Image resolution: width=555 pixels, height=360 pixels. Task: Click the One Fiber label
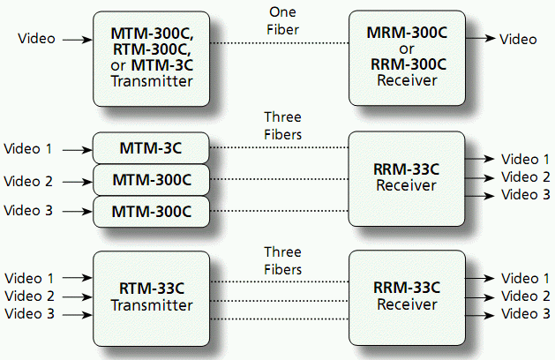[x=282, y=21]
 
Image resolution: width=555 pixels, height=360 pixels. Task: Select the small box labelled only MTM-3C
[x=151, y=148]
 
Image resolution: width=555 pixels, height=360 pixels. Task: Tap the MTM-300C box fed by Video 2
[x=151, y=180]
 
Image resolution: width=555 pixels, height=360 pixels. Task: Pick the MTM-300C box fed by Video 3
[x=151, y=212]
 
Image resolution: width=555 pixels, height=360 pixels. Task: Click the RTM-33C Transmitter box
[x=151, y=298]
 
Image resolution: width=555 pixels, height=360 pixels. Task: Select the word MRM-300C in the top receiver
[x=407, y=33]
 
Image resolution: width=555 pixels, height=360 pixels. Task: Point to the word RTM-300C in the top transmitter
[x=152, y=49]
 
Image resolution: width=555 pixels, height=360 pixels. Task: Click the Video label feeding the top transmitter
[x=36, y=39]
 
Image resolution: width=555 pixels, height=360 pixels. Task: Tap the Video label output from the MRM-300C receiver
[x=518, y=40]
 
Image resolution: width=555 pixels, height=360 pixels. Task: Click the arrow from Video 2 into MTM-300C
[x=78, y=182]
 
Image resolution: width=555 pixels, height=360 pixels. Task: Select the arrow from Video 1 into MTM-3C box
[x=78, y=150]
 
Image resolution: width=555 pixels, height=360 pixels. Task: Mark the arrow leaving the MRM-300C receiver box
[x=480, y=38]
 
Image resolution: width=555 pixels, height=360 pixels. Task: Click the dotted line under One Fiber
[x=280, y=43]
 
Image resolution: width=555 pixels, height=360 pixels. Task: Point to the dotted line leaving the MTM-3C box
[x=279, y=147]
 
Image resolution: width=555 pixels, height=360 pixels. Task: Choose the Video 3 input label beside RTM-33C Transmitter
[x=29, y=313]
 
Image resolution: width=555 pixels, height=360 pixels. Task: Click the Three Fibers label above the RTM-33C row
[x=283, y=261]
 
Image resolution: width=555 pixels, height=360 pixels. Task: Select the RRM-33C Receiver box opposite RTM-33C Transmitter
[x=407, y=297]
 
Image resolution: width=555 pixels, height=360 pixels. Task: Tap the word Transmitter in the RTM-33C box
[x=152, y=305]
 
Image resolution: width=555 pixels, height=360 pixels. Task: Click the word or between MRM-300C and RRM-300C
[x=407, y=49]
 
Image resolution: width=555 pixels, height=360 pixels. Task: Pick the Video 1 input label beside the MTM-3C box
[x=28, y=148]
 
